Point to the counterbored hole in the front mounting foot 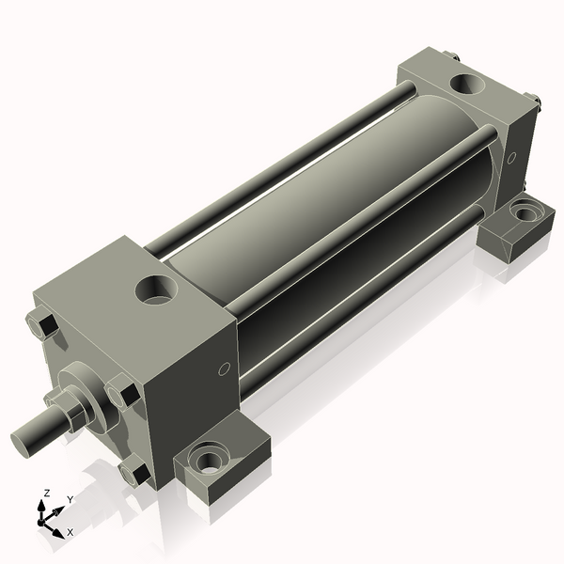point(207,461)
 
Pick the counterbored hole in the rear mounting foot point(523,214)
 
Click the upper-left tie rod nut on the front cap point(43,326)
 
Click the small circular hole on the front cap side point(223,369)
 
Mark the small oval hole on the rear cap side point(511,158)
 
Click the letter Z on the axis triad point(47,493)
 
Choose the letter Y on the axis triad point(70,499)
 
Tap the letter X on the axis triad point(70,532)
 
